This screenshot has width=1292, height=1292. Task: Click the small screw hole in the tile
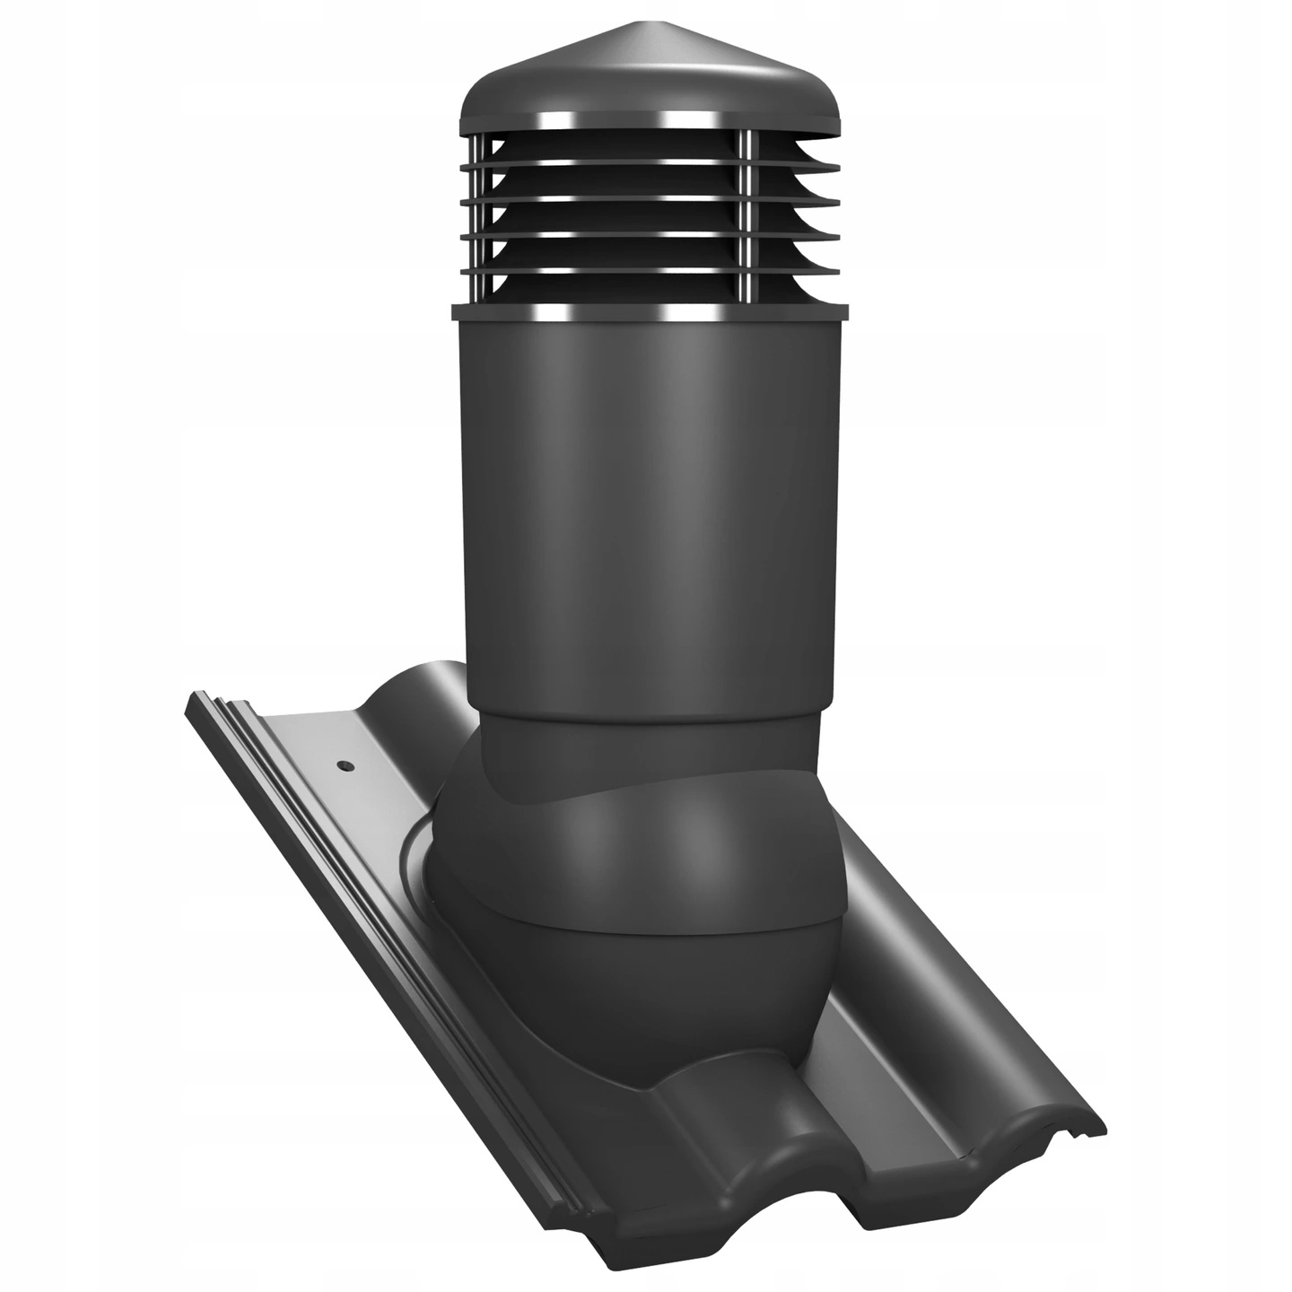pyautogui.click(x=344, y=766)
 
